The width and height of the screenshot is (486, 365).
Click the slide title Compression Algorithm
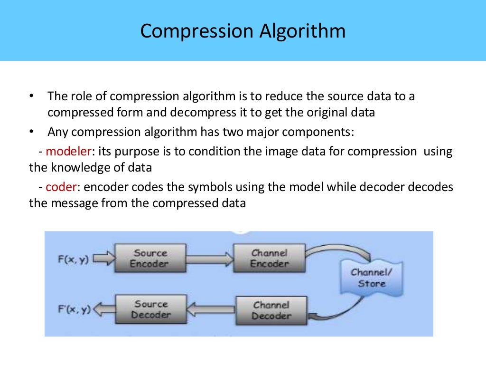tap(243, 31)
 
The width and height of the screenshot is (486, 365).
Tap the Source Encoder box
tap(150, 259)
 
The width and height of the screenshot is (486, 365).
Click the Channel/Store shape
tap(372, 278)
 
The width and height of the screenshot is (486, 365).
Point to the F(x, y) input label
tap(73, 259)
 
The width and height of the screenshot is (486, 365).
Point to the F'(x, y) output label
tap(74, 309)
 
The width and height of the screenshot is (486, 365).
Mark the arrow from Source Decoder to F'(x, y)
tap(104, 310)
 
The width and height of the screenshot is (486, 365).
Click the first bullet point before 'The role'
tap(31, 96)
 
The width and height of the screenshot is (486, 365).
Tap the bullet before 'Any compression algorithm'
tap(31, 132)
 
